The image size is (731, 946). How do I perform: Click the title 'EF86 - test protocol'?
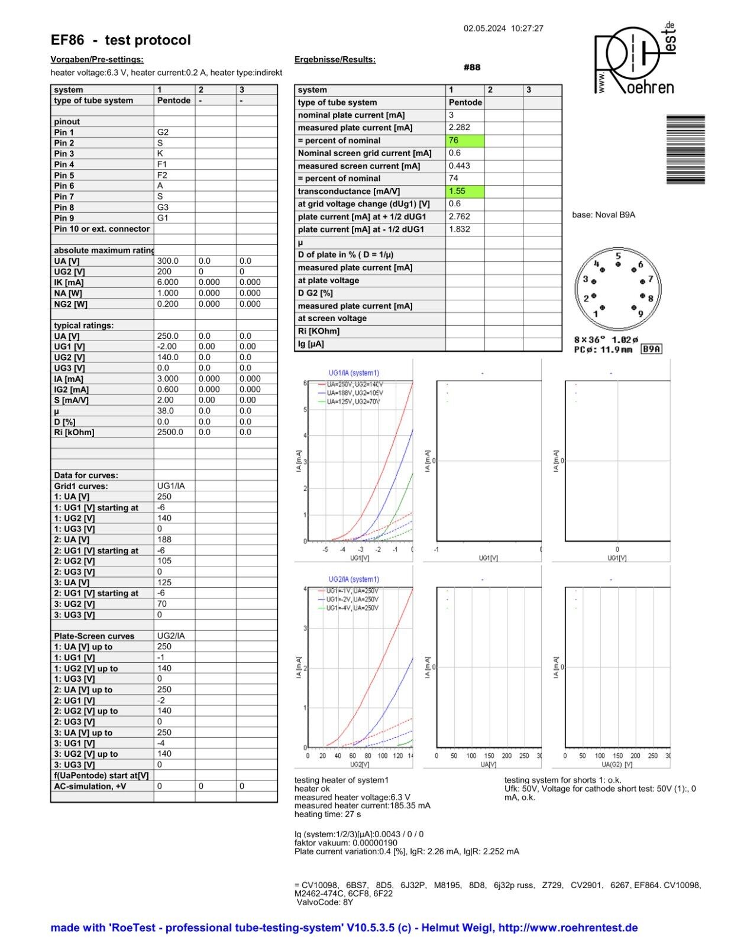[121, 40]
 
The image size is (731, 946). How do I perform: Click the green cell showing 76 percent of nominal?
[465, 141]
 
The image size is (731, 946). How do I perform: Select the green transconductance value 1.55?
[465, 192]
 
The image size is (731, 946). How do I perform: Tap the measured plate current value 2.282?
[460, 128]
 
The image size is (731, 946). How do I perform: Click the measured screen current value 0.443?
[460, 166]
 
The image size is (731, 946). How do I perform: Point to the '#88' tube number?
[472, 67]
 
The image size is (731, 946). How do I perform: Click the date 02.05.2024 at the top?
[484, 28]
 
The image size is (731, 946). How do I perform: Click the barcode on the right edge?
[685, 150]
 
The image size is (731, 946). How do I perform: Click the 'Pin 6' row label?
[64, 186]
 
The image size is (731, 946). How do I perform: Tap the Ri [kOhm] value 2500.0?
[170, 432]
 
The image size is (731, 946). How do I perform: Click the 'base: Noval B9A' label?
[603, 215]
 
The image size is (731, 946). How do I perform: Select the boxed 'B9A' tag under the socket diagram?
[652, 349]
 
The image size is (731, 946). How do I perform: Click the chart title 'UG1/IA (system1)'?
[354, 373]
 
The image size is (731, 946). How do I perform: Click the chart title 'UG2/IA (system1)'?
[354, 579]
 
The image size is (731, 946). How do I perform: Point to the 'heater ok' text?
[312, 789]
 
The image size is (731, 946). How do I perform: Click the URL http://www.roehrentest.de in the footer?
[568, 928]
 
